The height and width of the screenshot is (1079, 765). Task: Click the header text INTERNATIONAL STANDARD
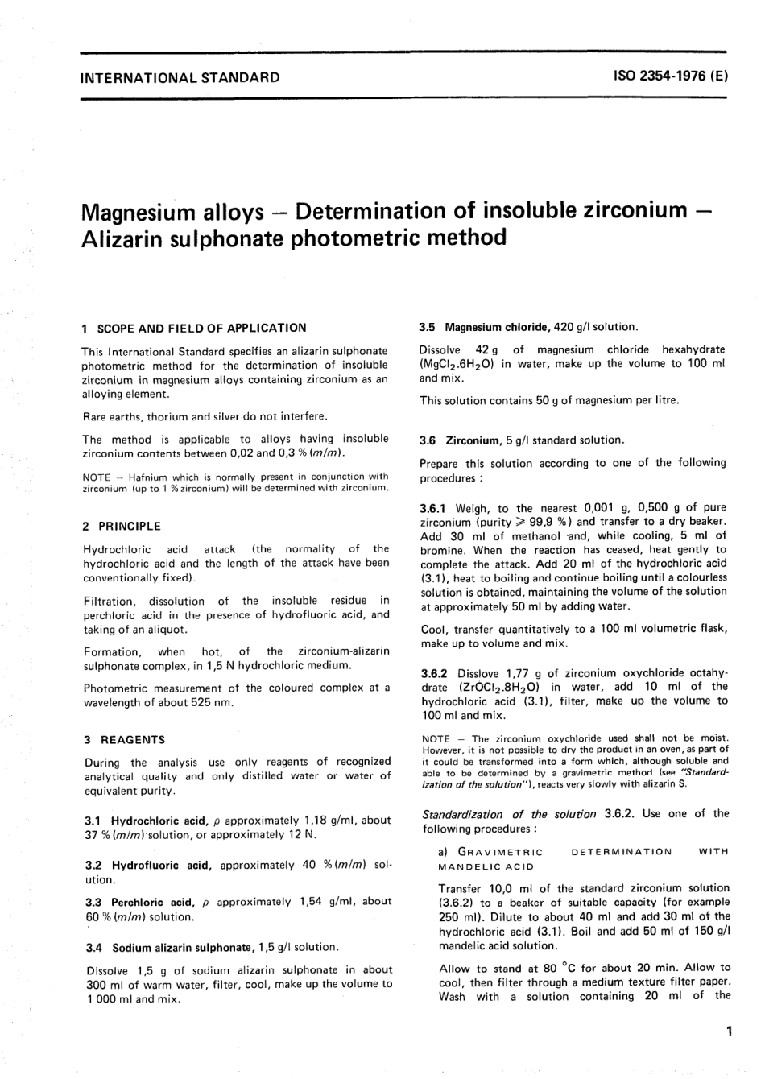click(180, 78)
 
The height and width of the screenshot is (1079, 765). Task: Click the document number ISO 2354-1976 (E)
click(671, 78)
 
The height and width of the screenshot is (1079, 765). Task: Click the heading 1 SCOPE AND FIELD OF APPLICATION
click(194, 328)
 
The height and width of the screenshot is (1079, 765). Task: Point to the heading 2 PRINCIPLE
click(122, 526)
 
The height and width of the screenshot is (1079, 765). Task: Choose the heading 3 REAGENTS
click(124, 739)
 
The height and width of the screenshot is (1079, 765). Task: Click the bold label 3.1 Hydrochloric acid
click(147, 821)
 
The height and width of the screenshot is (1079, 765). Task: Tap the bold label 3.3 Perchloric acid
click(140, 902)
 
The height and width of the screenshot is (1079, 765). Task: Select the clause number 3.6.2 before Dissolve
click(436, 673)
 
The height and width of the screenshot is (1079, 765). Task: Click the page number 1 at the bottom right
click(728, 1030)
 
